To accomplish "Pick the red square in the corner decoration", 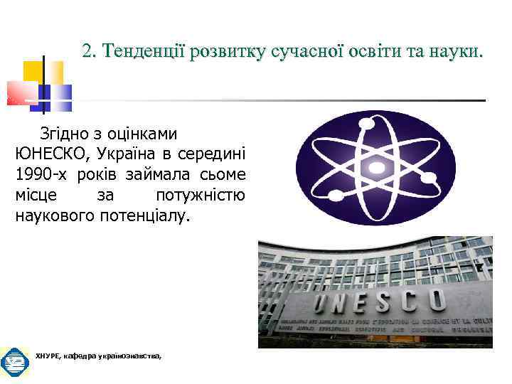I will click(21, 93).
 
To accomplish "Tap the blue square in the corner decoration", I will click(60, 97).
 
